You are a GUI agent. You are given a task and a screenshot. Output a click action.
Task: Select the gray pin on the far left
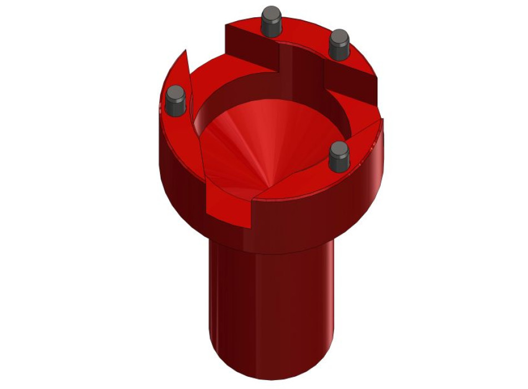tap(176, 102)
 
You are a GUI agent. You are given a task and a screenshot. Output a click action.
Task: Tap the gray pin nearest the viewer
tap(338, 156)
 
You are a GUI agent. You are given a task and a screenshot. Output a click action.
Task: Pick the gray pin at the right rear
tap(338, 46)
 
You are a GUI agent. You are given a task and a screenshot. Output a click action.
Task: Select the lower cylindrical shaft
tap(272, 300)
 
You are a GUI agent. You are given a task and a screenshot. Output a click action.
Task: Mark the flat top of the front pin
tap(338, 148)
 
